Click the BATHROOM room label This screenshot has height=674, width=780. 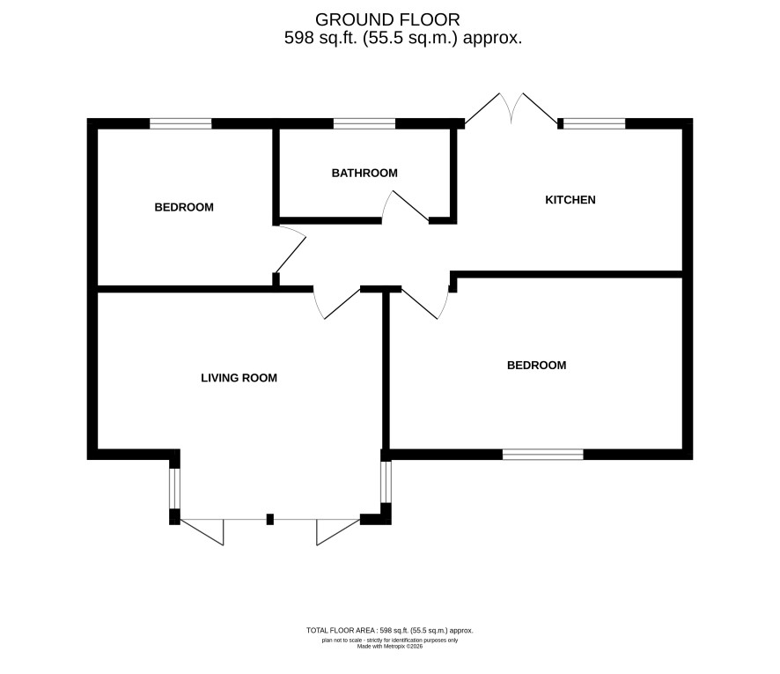[x=364, y=174]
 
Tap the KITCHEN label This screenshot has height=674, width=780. [x=570, y=200]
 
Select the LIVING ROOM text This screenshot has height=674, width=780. [x=239, y=378]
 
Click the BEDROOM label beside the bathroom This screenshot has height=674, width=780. [x=184, y=207]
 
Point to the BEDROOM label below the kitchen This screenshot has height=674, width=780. [x=536, y=366]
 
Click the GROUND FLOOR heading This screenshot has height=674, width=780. [x=387, y=20]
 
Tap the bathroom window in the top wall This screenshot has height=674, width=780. [x=364, y=123]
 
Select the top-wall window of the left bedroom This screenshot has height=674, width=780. [x=180, y=123]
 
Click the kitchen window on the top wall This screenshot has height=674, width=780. [x=594, y=123]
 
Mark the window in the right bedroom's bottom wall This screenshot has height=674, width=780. [x=542, y=455]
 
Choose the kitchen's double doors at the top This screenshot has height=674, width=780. [x=511, y=108]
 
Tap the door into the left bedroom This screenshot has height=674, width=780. [x=290, y=248]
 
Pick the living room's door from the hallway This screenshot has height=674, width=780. [x=336, y=304]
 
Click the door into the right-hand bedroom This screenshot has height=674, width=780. [x=425, y=304]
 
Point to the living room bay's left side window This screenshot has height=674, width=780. [x=174, y=488]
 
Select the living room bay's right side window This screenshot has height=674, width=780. [x=386, y=482]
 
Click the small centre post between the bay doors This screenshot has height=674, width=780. [x=270, y=519]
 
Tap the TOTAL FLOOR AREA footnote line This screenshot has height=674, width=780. [x=390, y=631]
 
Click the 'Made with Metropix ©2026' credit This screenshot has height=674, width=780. [x=390, y=647]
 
